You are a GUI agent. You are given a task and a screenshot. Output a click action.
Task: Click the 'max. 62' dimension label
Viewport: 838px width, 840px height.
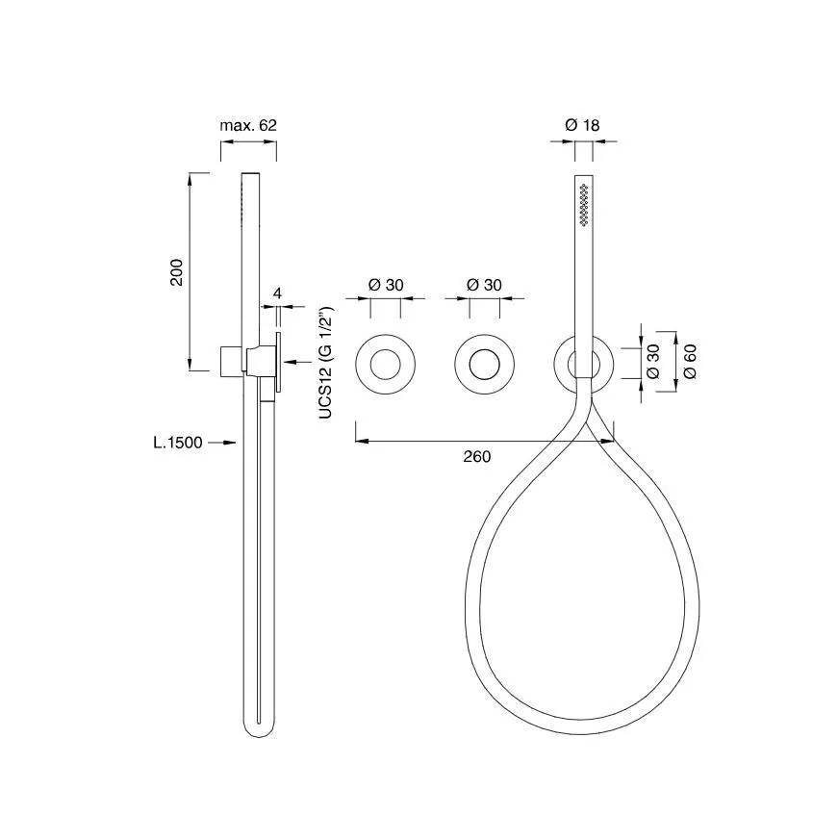(248, 125)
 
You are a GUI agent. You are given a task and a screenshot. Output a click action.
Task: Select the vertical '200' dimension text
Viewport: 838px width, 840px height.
(176, 272)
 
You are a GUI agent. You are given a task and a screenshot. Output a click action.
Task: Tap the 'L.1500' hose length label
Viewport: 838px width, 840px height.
(178, 443)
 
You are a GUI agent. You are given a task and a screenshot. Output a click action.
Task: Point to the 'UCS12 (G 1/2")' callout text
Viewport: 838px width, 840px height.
(326, 363)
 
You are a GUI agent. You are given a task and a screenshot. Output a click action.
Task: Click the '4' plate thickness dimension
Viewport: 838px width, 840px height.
(277, 293)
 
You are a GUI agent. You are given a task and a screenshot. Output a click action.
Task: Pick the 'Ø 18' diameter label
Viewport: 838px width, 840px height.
(582, 125)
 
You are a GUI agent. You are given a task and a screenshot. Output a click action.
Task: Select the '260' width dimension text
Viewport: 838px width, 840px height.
(477, 456)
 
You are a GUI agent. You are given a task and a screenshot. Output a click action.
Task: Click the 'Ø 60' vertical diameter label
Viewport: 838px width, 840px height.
(690, 362)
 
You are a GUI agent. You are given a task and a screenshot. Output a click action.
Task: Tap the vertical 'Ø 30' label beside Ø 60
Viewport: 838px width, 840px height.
(653, 362)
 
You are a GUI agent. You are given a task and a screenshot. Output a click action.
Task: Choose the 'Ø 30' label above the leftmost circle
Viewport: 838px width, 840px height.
(386, 285)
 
